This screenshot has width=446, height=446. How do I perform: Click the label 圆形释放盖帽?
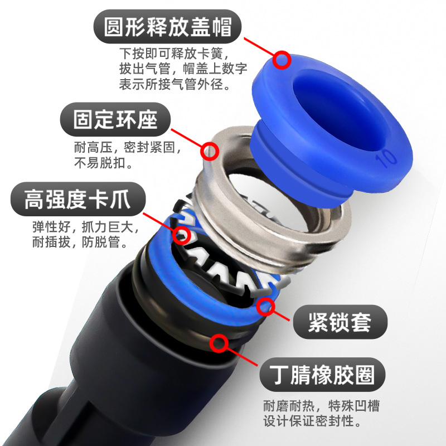click(x=168, y=27)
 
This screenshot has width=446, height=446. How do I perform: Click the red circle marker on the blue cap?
click(x=282, y=59)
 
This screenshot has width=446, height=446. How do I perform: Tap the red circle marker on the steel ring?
click(x=210, y=151)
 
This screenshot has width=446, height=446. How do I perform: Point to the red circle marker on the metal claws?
click(x=181, y=235)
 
